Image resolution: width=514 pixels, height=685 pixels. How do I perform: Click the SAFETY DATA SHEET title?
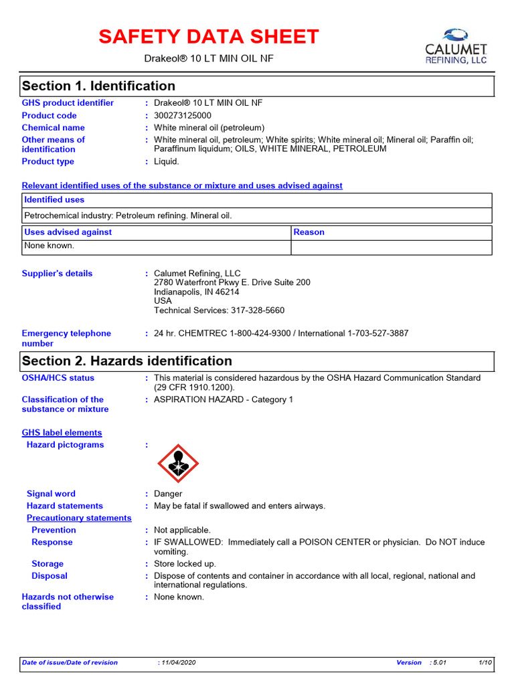point(209,37)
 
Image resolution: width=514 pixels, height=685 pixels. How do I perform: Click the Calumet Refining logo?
point(456,45)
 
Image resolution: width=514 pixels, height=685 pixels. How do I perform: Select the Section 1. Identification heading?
point(98,86)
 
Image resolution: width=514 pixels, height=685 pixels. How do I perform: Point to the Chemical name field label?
point(54,128)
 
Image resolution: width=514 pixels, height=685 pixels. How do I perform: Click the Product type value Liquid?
point(167,162)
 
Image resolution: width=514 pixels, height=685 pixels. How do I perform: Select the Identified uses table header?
point(54,200)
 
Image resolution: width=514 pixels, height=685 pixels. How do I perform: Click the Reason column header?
point(309,232)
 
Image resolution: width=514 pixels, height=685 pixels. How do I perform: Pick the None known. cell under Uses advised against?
point(50,246)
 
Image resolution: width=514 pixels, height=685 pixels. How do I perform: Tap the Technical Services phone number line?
point(219,310)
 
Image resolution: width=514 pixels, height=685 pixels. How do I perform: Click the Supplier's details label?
point(58,274)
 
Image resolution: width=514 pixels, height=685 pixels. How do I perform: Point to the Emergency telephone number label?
point(66,338)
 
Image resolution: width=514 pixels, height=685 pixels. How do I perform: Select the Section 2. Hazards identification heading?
point(127,361)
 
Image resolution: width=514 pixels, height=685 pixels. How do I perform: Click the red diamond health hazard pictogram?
point(177,463)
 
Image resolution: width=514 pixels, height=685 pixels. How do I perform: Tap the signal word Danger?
point(168,494)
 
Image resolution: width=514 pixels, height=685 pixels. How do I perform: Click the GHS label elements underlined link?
point(62,433)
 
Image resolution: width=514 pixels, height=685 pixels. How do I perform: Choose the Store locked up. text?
point(185,564)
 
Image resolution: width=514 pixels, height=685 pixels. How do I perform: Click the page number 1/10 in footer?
point(485,662)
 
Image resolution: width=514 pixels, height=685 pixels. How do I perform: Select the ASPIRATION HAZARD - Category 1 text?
point(224,400)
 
